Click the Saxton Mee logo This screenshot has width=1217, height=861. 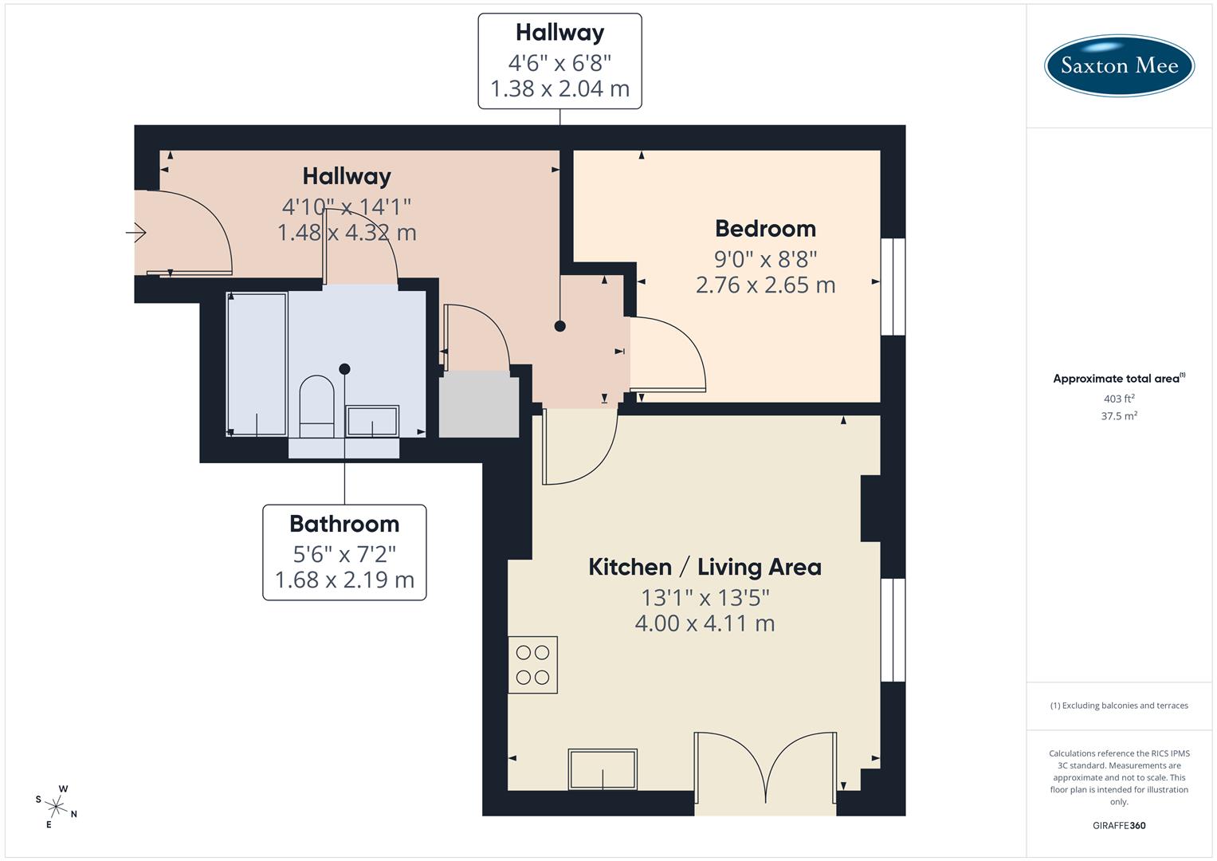point(1118,65)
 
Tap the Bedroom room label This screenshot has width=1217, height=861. point(765,229)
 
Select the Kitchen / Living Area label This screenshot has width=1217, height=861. point(705,567)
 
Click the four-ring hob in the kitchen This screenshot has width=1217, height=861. point(532,665)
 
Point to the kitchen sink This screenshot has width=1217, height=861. point(602,769)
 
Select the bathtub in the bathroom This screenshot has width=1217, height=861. point(257,364)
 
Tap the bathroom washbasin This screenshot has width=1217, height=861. point(371,421)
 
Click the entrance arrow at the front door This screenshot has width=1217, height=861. point(136,233)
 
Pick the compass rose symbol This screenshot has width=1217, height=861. point(56,806)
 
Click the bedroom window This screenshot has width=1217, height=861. point(893,286)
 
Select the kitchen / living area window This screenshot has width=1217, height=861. point(893,630)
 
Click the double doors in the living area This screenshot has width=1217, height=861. point(765,769)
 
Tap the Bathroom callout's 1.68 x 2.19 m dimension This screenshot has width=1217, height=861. point(344,580)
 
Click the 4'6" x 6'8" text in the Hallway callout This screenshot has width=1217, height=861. point(559,62)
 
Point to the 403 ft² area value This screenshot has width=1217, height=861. point(1118,399)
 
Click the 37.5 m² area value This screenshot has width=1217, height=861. point(1118,415)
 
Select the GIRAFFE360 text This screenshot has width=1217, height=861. point(1118,825)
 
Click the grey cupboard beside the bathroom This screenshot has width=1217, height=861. point(479,407)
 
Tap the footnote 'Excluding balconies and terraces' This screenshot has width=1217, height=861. point(1118,706)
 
